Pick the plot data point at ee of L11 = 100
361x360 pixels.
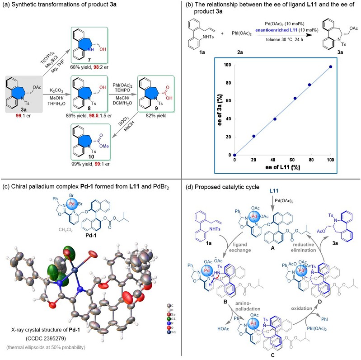331,66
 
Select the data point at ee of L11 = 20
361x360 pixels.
254,136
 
